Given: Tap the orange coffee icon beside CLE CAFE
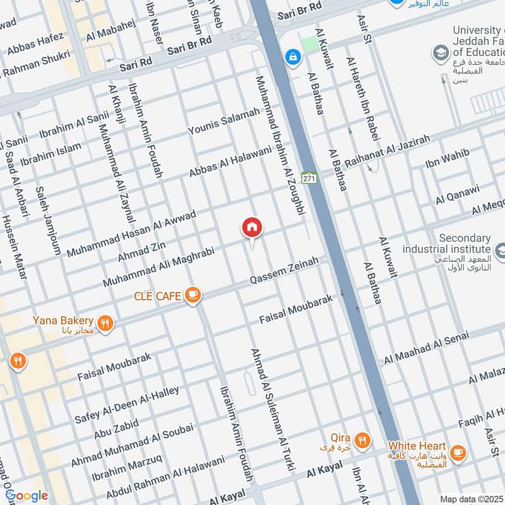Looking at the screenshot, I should (x=193, y=295).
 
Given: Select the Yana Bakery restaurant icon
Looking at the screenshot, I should (x=105, y=324).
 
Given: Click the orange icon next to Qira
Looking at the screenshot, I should (x=362, y=441).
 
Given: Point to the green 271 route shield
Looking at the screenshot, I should (x=308, y=179).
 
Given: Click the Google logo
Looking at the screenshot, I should (x=26, y=496).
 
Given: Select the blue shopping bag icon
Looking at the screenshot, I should (x=292, y=57).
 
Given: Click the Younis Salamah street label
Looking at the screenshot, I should (x=223, y=121).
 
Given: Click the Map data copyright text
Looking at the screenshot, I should (x=472, y=499).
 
